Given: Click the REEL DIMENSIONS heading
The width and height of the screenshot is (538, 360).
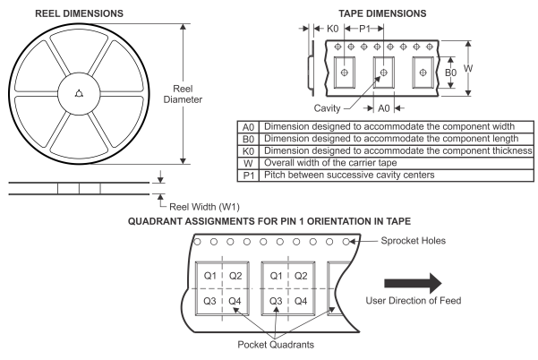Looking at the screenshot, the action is pos(80,13).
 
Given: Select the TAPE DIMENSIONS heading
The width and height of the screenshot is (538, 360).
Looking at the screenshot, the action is pos(382,13).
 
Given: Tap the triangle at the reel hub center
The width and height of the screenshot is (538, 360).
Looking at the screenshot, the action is pos(80,93).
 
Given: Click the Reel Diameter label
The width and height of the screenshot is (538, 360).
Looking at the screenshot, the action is pos(183,94).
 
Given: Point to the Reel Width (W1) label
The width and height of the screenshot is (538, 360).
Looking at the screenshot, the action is pos(204,207).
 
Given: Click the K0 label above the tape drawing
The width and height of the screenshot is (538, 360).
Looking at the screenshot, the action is pos(332,29).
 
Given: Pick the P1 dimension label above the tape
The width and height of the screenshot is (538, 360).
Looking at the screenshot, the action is pos(364,29).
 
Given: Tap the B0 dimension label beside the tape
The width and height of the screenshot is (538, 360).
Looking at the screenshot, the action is pos(451,73).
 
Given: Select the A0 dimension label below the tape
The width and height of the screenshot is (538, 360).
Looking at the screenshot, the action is pos(384,108).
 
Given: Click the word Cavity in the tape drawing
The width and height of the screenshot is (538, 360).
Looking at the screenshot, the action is pos(327,108).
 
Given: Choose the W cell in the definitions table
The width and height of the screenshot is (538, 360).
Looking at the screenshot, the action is pos(248,163).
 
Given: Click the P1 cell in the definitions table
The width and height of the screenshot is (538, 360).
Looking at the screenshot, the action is pos(249,176).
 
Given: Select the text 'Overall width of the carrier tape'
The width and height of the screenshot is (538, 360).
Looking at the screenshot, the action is pos(330,163).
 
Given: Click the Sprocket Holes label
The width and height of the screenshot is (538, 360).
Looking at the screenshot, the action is pos(414,241).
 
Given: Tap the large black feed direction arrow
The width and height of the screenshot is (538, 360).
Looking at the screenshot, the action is pos(413,284).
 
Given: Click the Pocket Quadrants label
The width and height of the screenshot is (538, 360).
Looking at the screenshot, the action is pos(276,344).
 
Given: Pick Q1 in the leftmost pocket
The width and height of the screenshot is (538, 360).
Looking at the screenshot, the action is pos(210,276).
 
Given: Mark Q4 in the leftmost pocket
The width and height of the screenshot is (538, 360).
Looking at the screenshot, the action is pos(235,301).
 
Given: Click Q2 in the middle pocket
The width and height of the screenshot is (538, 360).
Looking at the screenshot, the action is pos(301,276).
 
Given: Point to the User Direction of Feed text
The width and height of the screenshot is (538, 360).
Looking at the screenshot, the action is pos(414,301).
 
